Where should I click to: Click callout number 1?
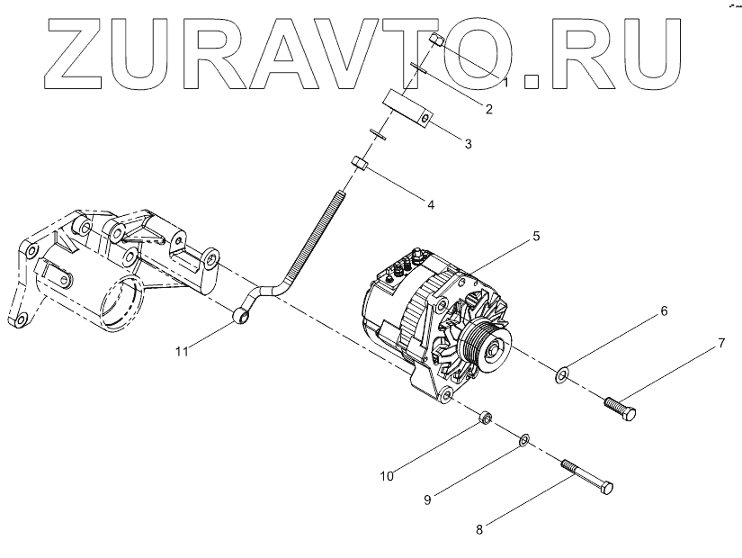pos(505,82)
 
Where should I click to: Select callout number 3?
pos(469,143)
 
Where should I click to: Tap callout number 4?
pos(431,204)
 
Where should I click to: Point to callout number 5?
pos(536,237)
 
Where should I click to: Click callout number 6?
pos(666,311)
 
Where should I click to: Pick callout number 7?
pos(720,344)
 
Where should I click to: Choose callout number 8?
pos(479,530)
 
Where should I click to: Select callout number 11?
pos(182,352)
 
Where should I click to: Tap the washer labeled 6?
pos(562,372)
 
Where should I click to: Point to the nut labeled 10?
pos(485,417)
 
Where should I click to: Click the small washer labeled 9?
pos(523,440)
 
